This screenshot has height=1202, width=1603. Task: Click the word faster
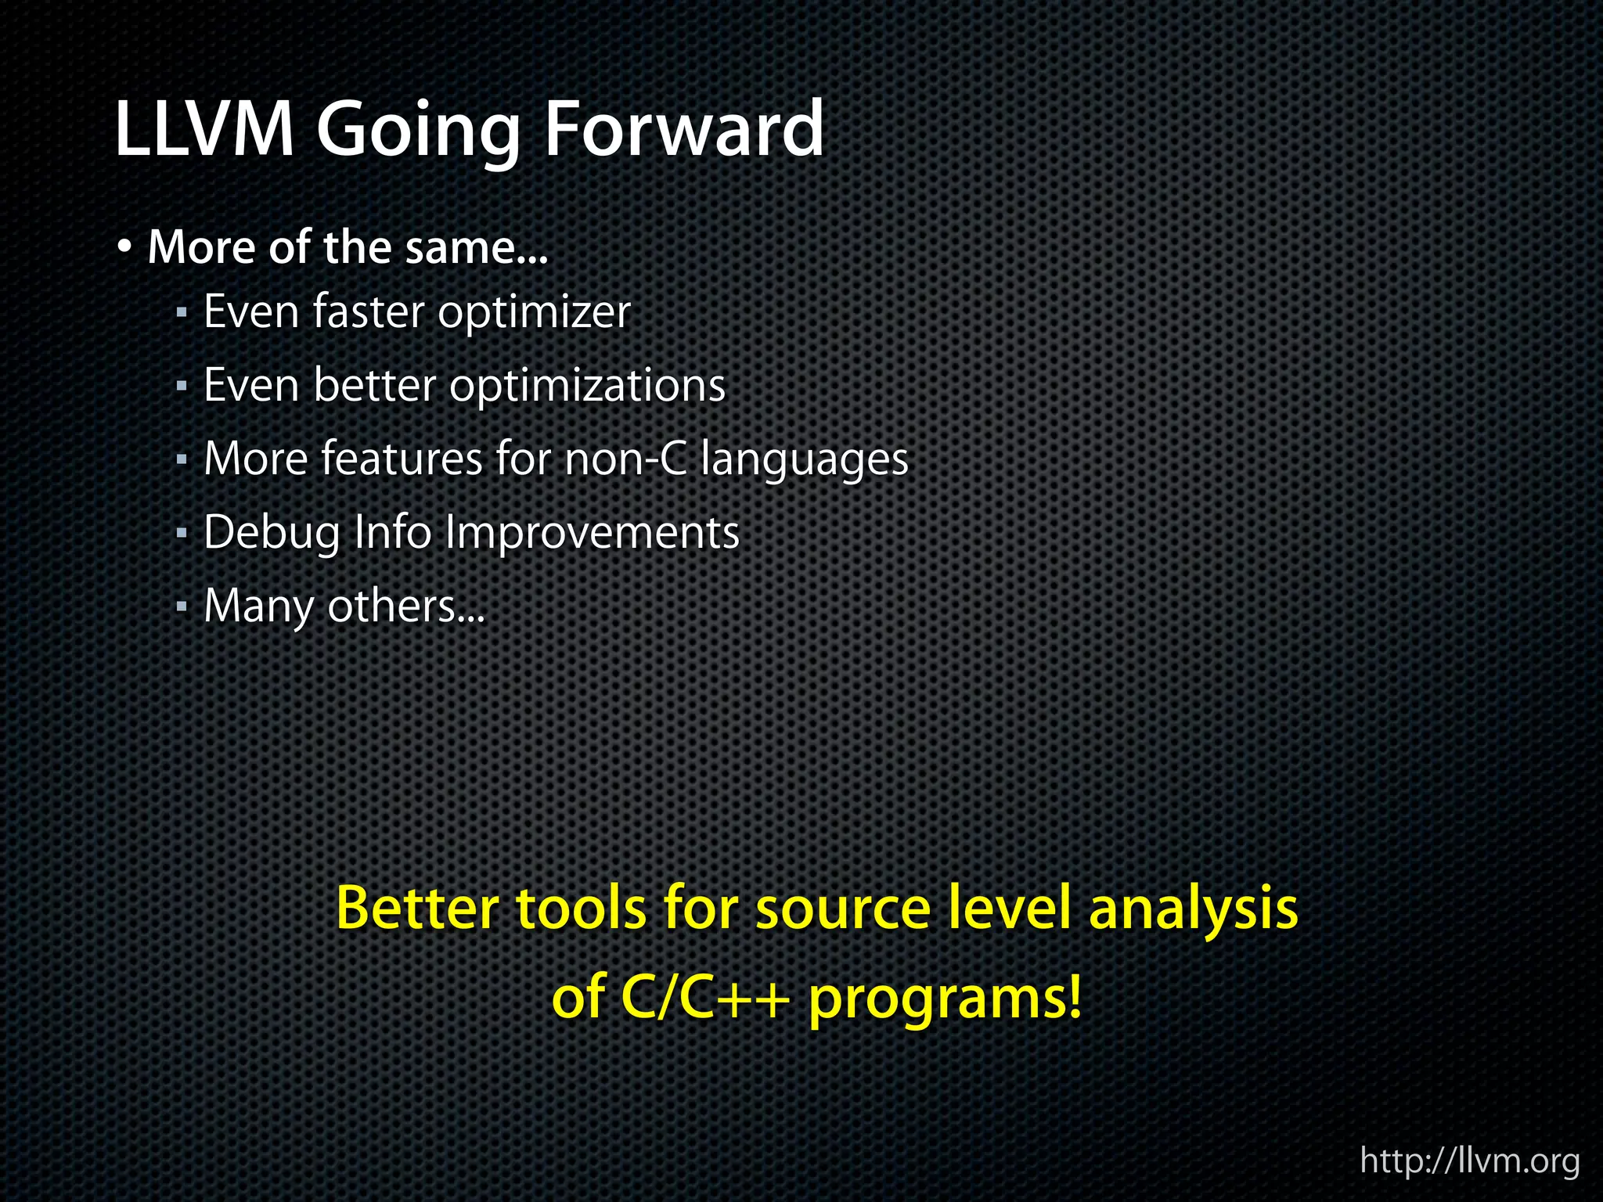click(x=368, y=311)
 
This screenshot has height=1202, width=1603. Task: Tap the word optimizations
click(x=587, y=387)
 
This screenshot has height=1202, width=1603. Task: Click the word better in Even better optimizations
click(x=374, y=385)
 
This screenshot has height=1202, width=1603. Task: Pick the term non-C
click(x=625, y=459)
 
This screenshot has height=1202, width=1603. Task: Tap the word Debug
click(x=272, y=534)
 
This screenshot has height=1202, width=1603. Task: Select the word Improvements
click(x=592, y=534)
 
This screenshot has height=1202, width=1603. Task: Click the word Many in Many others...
click(x=258, y=607)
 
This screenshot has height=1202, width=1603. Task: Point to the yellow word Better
click(x=418, y=908)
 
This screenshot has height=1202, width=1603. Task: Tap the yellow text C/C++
click(x=703, y=999)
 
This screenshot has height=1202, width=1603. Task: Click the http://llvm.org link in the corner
click(x=1469, y=1161)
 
